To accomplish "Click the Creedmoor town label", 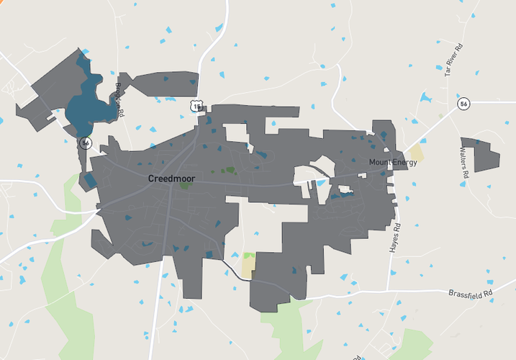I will (171, 178).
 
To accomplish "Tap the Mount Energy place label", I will (393, 163).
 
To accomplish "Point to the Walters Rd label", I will (464, 163).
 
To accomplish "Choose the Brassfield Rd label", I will (470, 294).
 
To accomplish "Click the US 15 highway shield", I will (196, 107).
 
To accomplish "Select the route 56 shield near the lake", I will (85, 143).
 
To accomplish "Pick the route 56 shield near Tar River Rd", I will (463, 104).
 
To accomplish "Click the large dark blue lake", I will (85, 108).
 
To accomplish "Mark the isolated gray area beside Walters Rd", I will (480, 153).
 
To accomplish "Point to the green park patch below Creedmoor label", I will (185, 186).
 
